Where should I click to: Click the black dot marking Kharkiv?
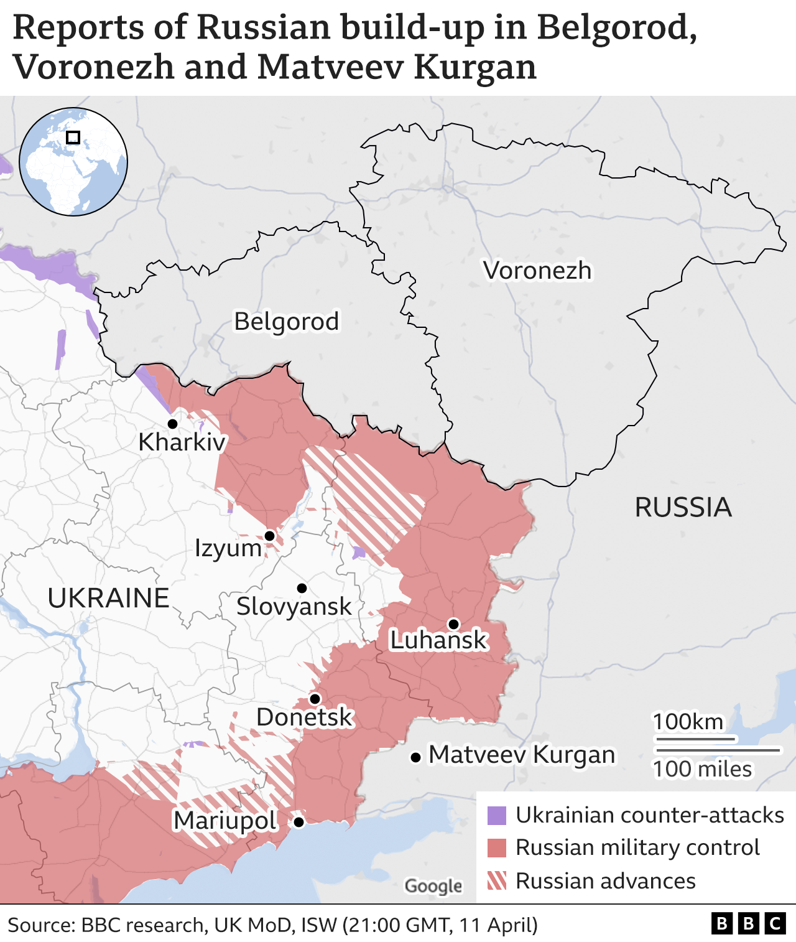point(173,424)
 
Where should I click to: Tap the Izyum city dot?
point(270,536)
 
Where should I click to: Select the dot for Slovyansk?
point(302,588)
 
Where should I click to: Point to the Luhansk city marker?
point(453,624)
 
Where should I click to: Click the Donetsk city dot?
point(315,699)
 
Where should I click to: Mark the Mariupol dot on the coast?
point(298,822)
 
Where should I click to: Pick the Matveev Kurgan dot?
point(415,757)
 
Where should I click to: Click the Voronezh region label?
point(537,271)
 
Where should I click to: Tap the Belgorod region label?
point(287,322)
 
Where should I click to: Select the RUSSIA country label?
point(683,508)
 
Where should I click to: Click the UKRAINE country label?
point(109,598)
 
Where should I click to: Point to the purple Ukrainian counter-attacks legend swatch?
point(497,815)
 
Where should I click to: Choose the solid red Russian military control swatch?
point(497,848)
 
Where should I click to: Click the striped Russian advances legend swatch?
point(497,881)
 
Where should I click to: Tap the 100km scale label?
point(688,722)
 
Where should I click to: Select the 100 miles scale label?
point(702,769)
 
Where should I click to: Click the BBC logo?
point(749,924)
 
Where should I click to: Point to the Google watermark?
point(433,886)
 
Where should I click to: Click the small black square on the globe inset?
point(73,138)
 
